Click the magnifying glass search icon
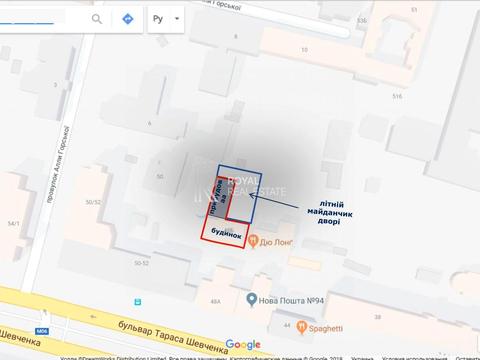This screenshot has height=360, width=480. [x=97, y=19]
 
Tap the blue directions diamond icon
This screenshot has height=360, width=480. [x=128, y=19]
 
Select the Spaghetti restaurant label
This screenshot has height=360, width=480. [x=324, y=326]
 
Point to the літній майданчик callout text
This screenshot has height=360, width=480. [x=317, y=211]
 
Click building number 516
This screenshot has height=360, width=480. [x=396, y=96]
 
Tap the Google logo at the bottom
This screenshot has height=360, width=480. [x=242, y=344]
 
